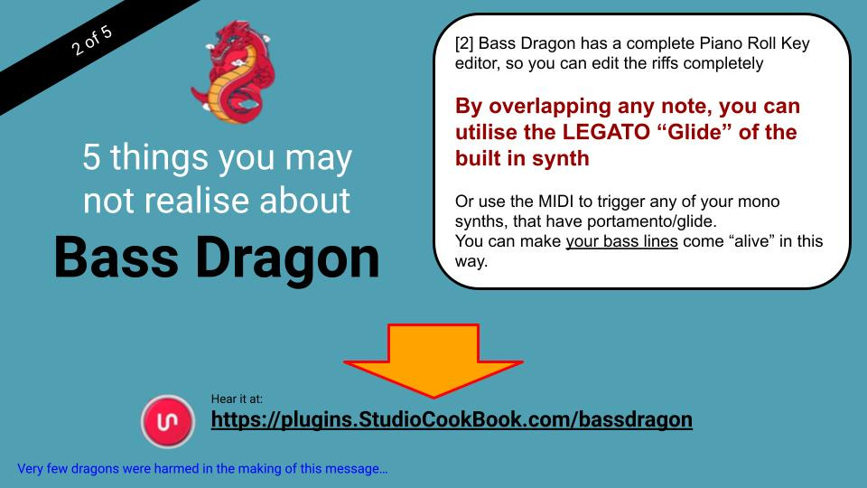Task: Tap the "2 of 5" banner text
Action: tap(93, 38)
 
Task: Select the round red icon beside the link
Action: tap(167, 422)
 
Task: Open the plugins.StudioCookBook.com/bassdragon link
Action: tap(452, 419)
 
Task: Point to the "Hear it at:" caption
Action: tap(237, 399)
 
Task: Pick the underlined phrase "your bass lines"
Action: tap(621, 242)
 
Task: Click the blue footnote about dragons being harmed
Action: tap(202, 469)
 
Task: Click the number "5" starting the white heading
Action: tap(92, 158)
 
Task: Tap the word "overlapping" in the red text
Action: tap(561, 107)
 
